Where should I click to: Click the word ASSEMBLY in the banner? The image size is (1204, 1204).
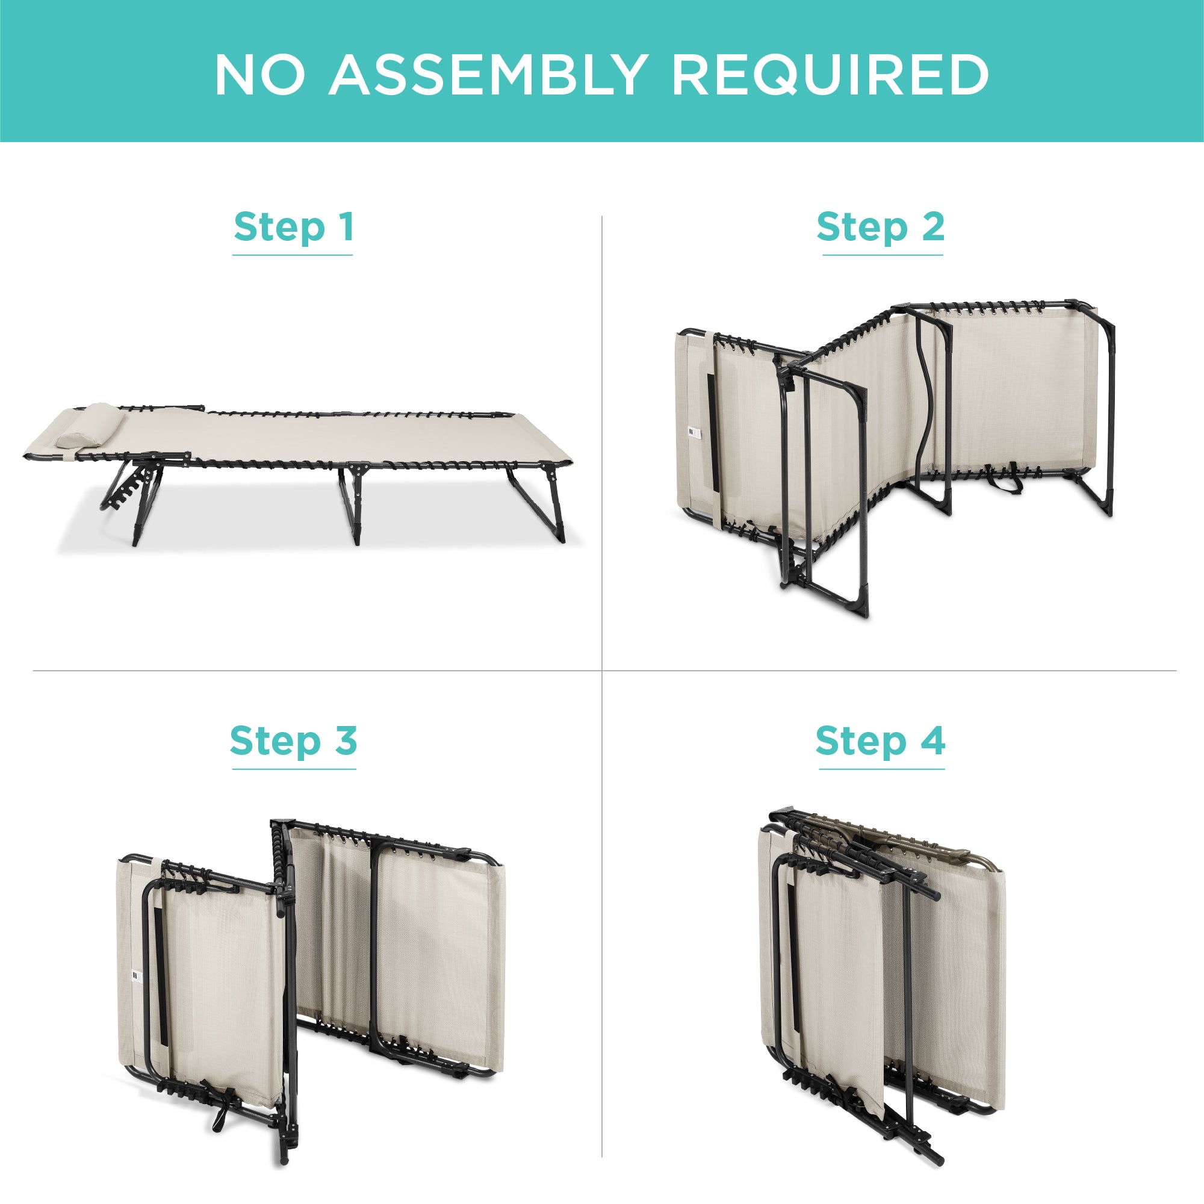coord(488,75)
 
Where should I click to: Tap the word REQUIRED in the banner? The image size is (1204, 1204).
coord(830,76)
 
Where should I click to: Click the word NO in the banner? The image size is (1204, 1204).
coord(260,75)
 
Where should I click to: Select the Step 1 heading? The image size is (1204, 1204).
coord(294,228)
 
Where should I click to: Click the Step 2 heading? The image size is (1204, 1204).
coord(881,228)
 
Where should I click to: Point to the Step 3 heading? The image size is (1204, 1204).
coord(294,742)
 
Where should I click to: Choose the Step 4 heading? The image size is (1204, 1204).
coord(881,742)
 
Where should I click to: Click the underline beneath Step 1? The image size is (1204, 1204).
coord(293,255)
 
